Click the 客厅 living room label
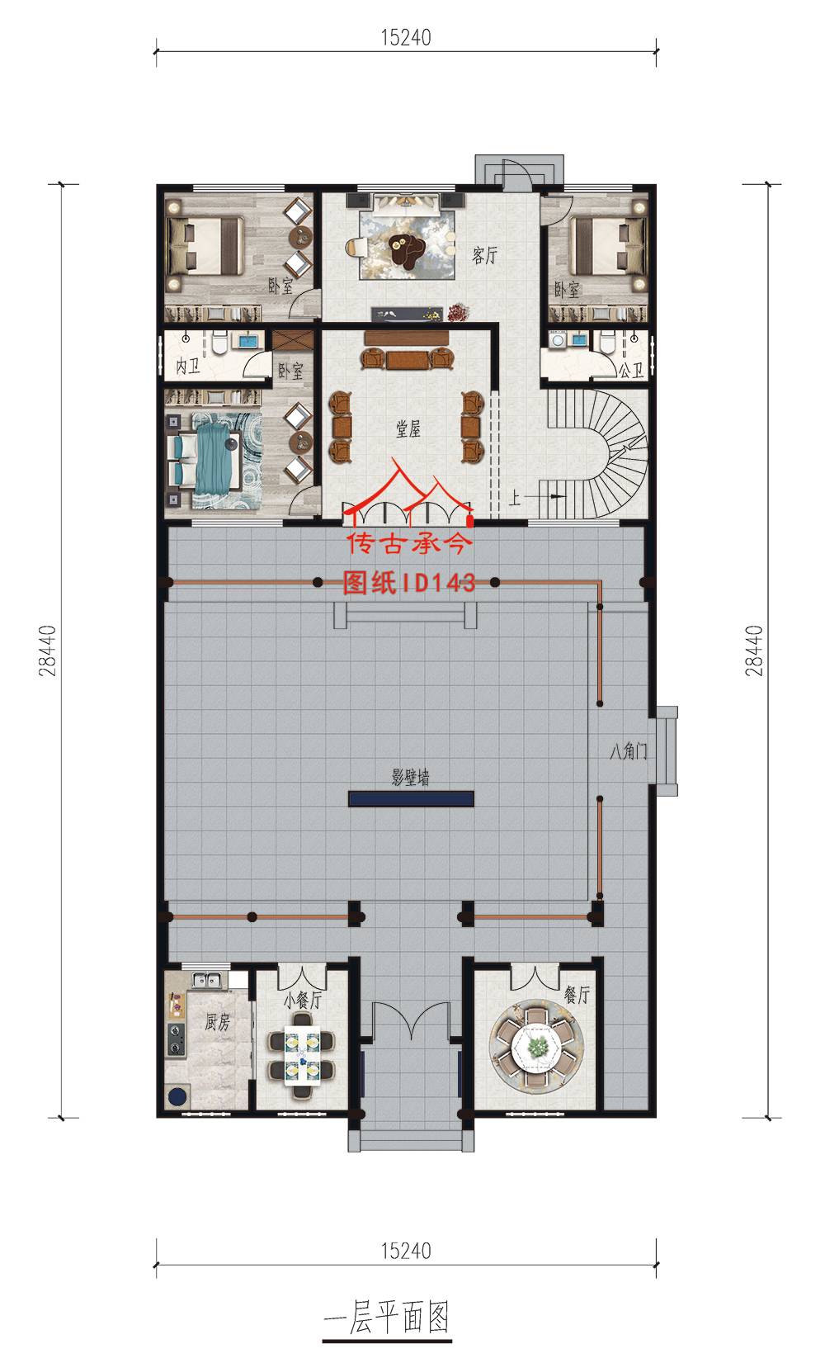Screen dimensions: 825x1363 [x=484, y=255]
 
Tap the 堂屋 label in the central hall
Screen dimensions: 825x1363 [x=408, y=429]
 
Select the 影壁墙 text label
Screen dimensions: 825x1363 [x=411, y=777]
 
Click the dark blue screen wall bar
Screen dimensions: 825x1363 [x=411, y=799]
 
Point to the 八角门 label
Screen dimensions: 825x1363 [x=628, y=752]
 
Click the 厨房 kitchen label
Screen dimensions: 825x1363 [x=217, y=1022]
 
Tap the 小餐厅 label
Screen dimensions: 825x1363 [x=303, y=1000]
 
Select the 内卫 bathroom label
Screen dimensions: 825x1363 [x=188, y=367]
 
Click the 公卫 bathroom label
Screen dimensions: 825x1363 [x=631, y=370]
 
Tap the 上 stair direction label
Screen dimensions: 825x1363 [x=514, y=499]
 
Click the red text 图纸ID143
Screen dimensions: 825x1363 [x=408, y=582]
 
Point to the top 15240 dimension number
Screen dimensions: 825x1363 [x=406, y=38]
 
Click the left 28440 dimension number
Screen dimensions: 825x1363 [x=47, y=651]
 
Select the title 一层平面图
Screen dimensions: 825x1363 [x=387, y=1318]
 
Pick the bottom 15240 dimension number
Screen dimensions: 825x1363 [x=406, y=1251]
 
